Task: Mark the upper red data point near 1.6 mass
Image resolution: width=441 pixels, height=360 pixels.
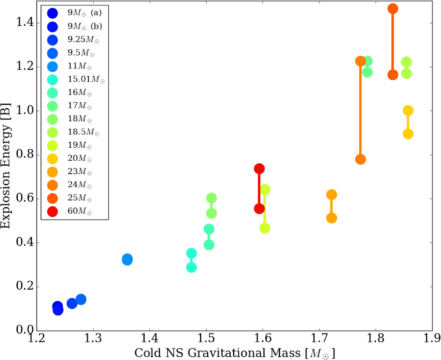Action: click(259, 169)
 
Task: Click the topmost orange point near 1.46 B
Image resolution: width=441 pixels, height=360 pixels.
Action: click(393, 9)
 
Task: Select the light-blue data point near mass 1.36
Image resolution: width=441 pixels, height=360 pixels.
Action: click(127, 259)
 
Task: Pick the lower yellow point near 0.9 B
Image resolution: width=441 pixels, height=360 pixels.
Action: click(408, 134)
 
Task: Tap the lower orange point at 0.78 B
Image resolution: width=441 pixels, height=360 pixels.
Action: click(360, 159)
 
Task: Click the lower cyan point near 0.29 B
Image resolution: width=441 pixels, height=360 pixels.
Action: click(191, 267)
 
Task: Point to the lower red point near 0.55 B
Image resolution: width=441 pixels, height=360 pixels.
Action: click(259, 209)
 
